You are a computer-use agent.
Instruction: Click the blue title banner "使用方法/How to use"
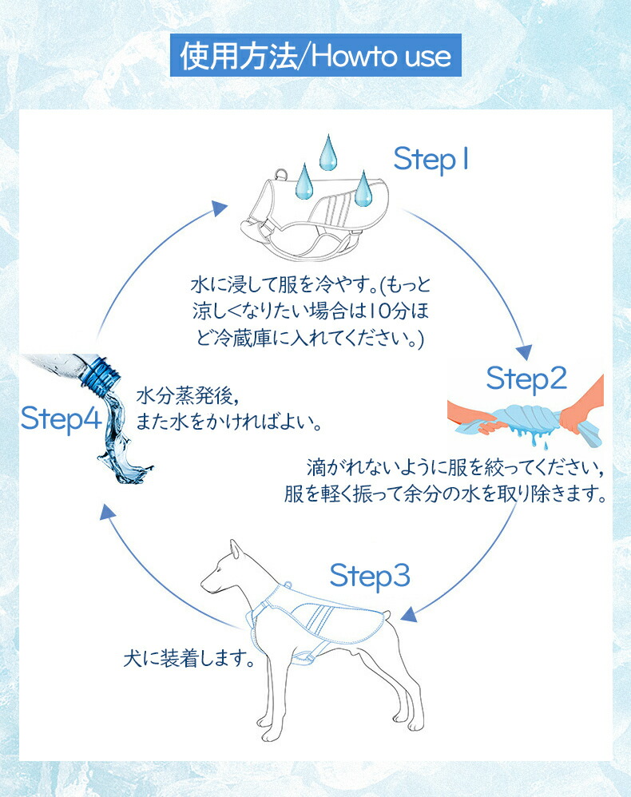[315, 56]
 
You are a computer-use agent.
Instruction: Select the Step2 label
[526, 378]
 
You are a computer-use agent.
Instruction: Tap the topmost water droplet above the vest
[327, 152]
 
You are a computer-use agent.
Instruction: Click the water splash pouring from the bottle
[120, 447]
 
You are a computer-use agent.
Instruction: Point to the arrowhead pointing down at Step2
[525, 351]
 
